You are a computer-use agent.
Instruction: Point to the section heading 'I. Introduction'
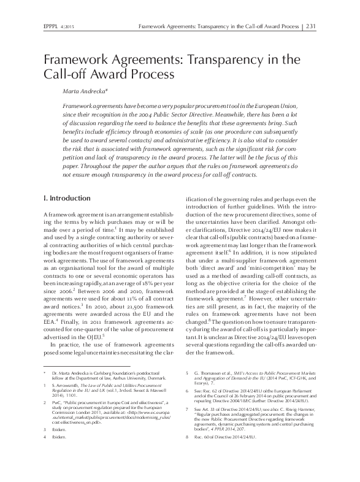69,199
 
